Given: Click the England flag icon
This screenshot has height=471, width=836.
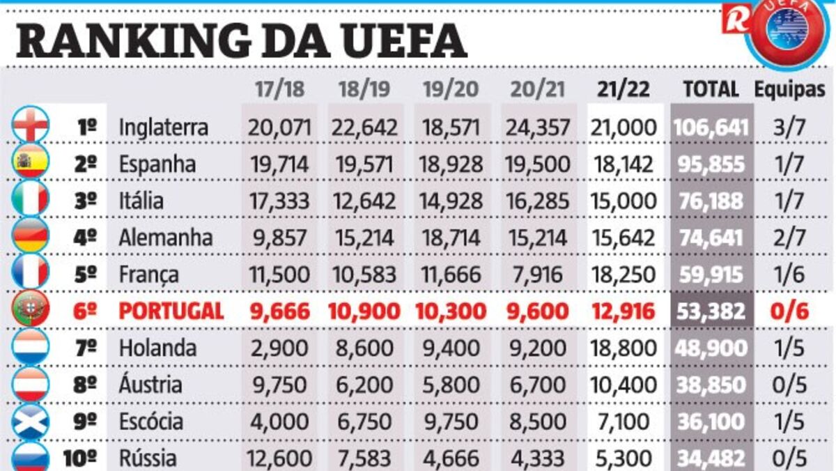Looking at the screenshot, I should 31,125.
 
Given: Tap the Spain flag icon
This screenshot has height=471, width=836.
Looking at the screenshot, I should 31,162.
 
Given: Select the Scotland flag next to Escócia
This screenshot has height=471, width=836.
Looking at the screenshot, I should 31,420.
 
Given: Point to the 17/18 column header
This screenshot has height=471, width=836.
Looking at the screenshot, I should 279,89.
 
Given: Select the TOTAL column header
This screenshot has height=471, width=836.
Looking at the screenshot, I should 711,89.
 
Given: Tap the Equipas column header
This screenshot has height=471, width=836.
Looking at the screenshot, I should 789,89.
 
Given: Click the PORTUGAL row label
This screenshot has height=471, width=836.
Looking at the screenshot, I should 171,311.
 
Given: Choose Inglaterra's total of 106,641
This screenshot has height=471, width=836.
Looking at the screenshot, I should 711,128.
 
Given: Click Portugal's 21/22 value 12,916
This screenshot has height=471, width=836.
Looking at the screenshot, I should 624,311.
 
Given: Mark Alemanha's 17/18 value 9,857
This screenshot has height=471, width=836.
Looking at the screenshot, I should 279,238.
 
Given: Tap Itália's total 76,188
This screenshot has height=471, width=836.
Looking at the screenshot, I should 711,201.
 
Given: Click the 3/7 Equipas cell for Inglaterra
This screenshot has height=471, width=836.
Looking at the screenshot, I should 789,128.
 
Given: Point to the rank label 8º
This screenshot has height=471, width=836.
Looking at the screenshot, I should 85,385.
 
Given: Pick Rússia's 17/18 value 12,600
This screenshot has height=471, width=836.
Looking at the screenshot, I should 279,458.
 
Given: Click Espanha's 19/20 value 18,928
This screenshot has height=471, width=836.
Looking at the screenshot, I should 451,164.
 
